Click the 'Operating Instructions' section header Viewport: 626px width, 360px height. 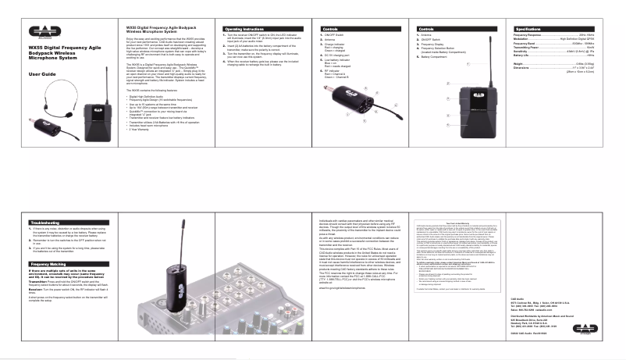pyautogui.click(x=243, y=27)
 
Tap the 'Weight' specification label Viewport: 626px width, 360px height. pyautogui.click(x=519, y=63)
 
